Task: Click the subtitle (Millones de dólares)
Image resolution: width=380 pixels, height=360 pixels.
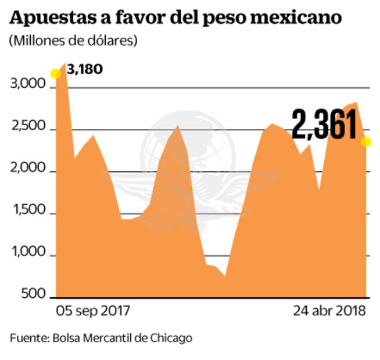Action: [73, 41]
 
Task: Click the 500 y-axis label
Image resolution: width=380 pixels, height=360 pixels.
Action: [34, 295]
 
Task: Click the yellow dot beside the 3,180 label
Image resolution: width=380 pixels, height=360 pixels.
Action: [56, 74]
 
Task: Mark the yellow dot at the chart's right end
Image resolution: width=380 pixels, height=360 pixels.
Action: [366, 142]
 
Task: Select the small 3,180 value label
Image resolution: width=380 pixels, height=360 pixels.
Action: [85, 70]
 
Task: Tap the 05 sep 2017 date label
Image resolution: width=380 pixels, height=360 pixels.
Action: [93, 311]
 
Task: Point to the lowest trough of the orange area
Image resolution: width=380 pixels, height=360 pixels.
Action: [224, 276]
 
